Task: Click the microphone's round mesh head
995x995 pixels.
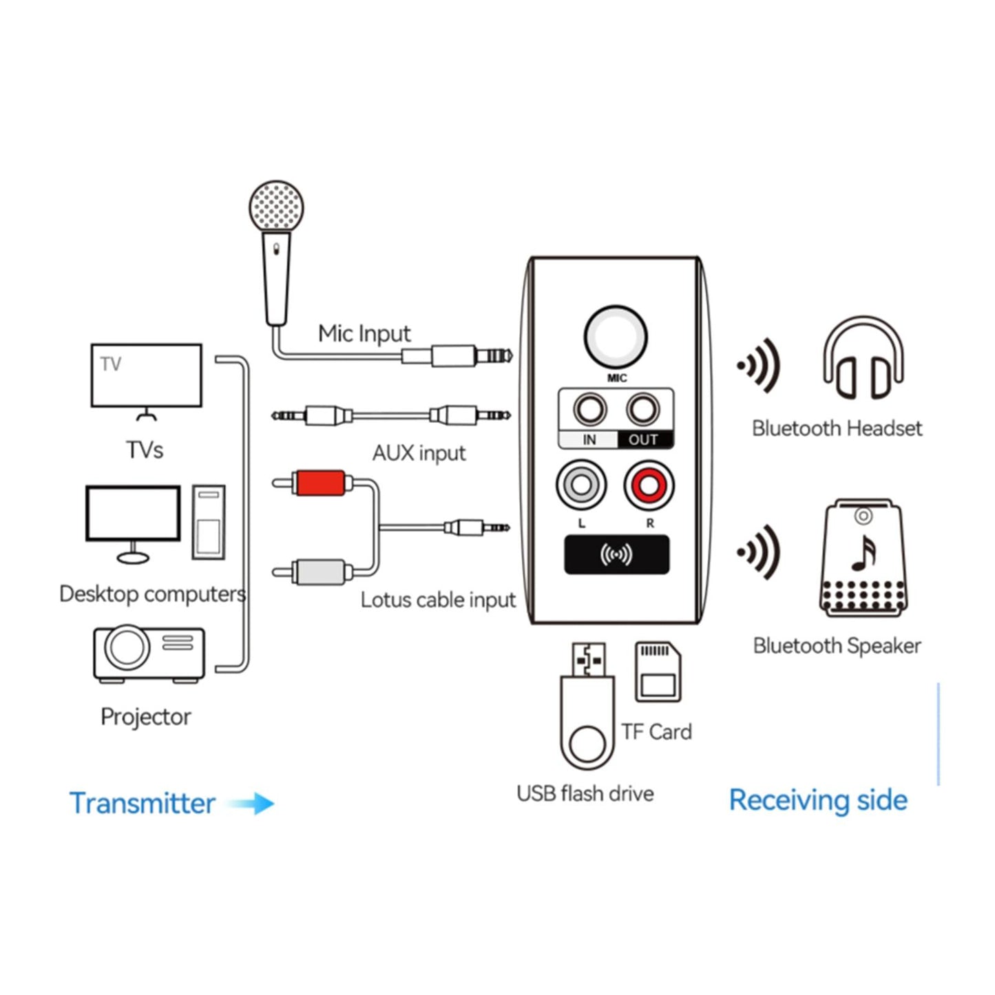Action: (276, 206)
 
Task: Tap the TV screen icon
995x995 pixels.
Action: (146, 376)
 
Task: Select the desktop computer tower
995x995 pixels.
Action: (209, 522)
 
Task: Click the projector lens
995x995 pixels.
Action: (127, 647)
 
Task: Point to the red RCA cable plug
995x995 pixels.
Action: (319, 483)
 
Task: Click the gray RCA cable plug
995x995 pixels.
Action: (319, 572)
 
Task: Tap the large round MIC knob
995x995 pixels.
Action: (616, 337)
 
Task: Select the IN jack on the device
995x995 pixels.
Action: (589, 410)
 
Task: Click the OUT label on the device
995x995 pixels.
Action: (643, 440)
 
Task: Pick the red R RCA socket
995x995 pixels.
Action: (649, 485)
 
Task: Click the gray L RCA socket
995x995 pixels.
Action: (581, 485)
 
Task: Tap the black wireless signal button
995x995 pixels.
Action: (616, 555)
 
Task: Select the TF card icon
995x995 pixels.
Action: (658, 672)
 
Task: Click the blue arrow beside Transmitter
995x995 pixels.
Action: (252, 804)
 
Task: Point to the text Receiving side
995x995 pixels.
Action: (818, 800)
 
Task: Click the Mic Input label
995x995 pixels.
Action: (364, 334)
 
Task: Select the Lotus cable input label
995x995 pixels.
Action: (438, 600)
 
